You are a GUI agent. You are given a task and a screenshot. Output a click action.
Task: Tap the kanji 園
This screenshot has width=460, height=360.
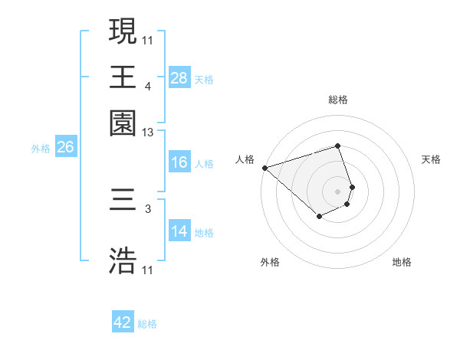point(123,122)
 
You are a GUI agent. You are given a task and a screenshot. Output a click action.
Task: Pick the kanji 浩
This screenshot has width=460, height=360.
point(123,260)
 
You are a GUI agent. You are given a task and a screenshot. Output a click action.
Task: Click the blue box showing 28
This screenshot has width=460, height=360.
point(179,78)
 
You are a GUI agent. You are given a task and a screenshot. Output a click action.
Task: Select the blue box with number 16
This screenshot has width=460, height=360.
point(179,163)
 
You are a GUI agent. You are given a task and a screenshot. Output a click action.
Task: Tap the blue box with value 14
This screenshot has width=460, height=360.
point(179,232)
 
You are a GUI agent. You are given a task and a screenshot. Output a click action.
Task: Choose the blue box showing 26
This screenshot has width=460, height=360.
point(65,148)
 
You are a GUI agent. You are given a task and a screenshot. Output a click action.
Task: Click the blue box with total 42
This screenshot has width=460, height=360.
point(123,322)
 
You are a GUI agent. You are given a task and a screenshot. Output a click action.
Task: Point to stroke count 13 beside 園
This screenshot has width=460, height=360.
point(148,133)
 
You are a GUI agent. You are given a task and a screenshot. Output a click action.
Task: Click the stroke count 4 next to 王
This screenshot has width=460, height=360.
point(148,87)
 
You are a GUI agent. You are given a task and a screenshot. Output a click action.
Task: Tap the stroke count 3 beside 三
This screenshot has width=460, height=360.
point(148,208)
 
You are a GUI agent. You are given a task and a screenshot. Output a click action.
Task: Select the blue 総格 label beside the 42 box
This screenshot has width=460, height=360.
point(147,324)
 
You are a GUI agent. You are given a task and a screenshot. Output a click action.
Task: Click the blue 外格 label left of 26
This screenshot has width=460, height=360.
point(41,149)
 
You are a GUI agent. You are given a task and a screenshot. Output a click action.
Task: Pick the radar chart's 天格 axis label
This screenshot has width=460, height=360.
point(431,159)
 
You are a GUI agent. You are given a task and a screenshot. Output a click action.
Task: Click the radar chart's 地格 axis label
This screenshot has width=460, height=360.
point(402,262)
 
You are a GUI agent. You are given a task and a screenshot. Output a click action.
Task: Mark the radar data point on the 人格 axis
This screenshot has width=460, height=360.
point(264,168)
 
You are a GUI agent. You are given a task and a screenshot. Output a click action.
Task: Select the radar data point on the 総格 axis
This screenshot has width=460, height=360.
point(338,146)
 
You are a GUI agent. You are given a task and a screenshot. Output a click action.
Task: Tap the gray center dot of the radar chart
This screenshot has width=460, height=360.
point(338,191)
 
